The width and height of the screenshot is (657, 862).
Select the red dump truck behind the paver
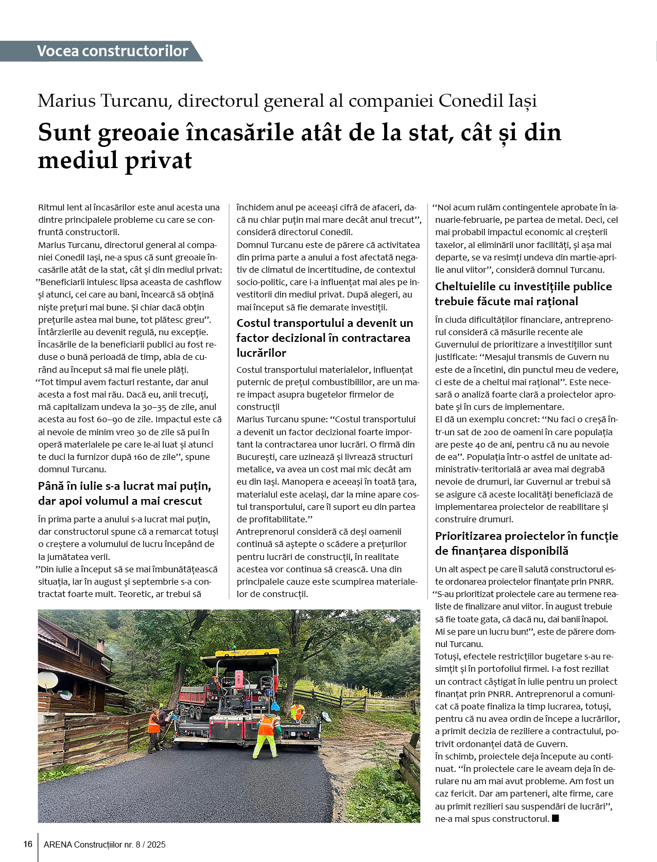tap(195, 701)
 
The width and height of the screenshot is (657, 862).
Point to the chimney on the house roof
tap(100, 645)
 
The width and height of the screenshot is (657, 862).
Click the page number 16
tap(28, 844)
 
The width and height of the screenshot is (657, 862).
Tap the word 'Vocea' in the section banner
tap(58, 51)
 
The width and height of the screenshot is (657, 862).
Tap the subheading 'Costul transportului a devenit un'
tap(324, 323)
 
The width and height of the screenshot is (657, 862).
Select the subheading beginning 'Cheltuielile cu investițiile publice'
tap(523, 287)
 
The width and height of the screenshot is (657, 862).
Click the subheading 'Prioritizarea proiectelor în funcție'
tap(526, 536)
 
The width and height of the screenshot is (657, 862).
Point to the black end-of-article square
tap(555, 818)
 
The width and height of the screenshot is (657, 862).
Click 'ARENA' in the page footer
tap(58, 844)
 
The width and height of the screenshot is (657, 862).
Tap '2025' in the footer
tap(157, 844)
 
